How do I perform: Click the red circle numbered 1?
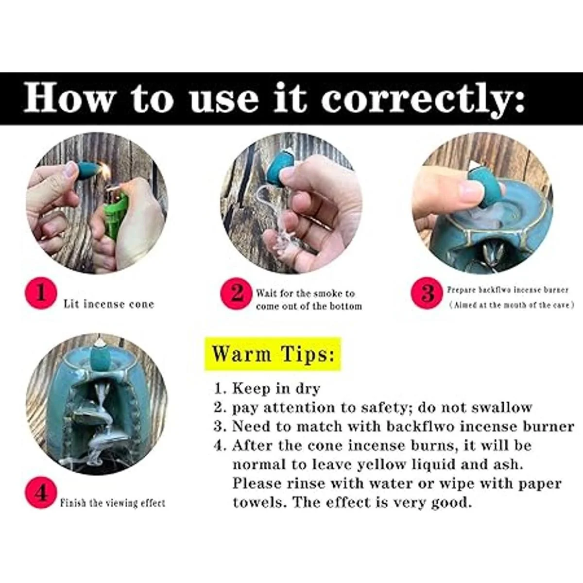pos(41,293)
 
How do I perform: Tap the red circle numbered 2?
pos(236,293)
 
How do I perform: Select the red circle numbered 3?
pos(427,293)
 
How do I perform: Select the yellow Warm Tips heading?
pos(273,354)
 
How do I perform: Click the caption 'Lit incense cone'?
pos(109,304)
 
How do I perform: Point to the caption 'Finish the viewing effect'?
pos(113,503)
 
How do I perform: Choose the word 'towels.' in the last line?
pos(260,502)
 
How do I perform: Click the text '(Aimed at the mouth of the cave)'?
pos(511,305)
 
